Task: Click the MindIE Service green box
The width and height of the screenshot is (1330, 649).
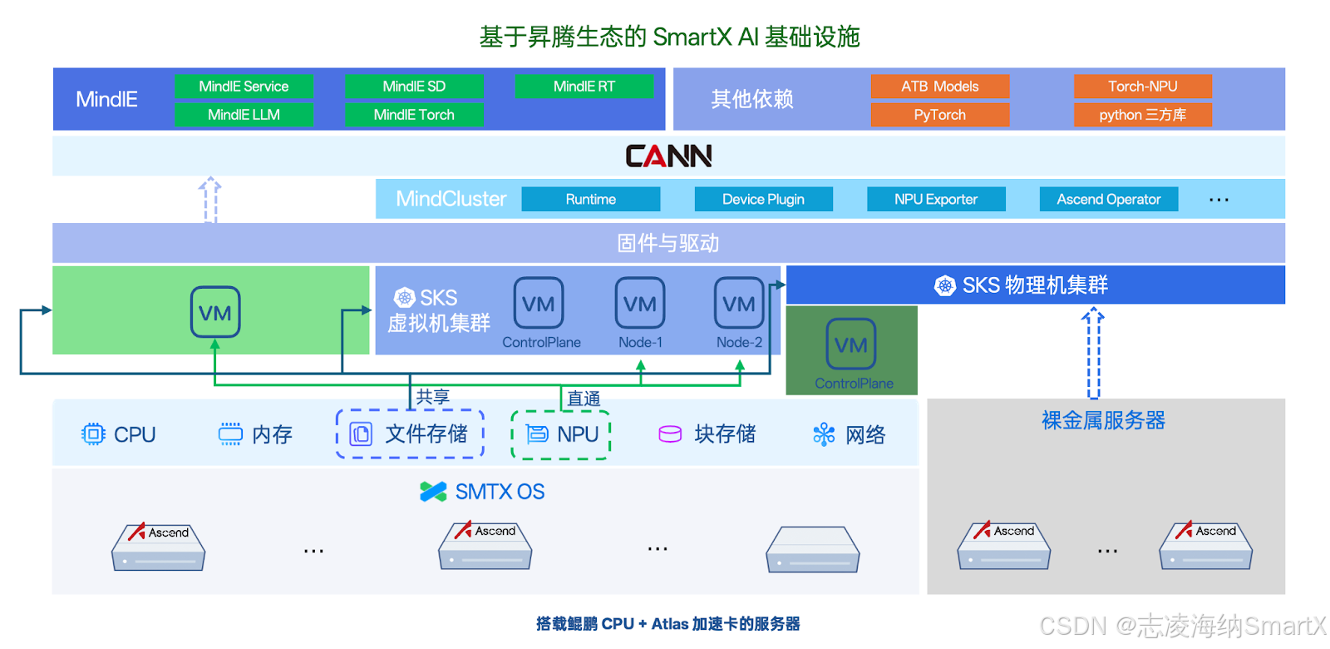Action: tap(244, 87)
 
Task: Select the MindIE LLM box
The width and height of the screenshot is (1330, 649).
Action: tap(244, 115)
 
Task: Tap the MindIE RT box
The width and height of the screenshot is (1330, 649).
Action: tap(584, 87)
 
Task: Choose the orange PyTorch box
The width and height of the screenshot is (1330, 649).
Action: tap(939, 115)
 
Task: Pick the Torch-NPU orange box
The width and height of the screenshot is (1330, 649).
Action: tap(1142, 87)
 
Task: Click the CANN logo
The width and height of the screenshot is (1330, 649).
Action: tap(668, 156)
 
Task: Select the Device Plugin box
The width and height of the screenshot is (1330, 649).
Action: tap(763, 200)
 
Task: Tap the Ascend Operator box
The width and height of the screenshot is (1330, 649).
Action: tap(1108, 200)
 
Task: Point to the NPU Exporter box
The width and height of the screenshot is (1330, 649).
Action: tap(936, 200)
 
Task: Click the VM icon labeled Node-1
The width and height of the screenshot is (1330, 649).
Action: tap(640, 304)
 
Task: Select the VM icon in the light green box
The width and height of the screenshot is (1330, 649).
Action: tap(215, 312)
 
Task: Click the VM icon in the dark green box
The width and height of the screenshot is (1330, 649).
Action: tap(851, 344)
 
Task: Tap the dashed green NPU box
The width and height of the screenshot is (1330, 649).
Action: tap(561, 434)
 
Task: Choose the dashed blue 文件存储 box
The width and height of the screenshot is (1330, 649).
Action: tap(410, 434)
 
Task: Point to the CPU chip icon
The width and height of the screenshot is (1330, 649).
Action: tap(93, 434)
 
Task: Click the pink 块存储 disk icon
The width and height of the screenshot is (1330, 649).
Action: tap(670, 434)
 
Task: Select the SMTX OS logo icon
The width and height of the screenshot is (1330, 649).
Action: tap(433, 492)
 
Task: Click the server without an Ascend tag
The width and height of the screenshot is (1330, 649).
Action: tap(812, 549)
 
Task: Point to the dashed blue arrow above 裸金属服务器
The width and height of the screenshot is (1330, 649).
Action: tap(1093, 354)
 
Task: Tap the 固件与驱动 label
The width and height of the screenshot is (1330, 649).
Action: tap(668, 243)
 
